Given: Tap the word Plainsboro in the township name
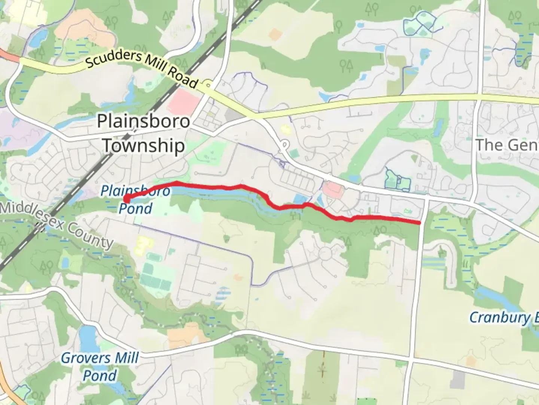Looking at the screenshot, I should click(143, 121).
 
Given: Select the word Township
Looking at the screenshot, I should click(144, 145).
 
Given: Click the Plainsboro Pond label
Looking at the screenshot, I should click(135, 199).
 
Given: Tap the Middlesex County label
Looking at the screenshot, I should click(56, 225).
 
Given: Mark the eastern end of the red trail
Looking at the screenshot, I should click(419, 223).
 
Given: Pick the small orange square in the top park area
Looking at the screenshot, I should click(275, 34).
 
